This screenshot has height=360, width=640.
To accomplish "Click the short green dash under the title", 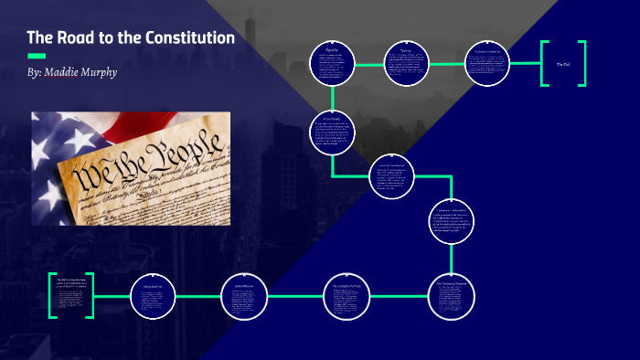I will pyautogui.click(x=37, y=56).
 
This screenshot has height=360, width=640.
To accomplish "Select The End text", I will pyautogui.click(x=562, y=64).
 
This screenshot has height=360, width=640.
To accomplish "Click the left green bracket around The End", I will pyautogui.click(x=545, y=64).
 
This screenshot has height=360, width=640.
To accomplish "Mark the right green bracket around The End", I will pyautogui.click(x=581, y=64).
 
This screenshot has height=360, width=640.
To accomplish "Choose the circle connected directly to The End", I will pyautogui.click(x=485, y=64).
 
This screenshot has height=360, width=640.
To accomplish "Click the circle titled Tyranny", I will pyautogui.click(x=406, y=64).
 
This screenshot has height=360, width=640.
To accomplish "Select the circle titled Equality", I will pyautogui.click(x=331, y=64).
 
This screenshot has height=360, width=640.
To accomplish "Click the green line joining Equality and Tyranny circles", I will pyautogui.click(x=368, y=64).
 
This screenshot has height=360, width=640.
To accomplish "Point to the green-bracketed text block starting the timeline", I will pyautogui.click(x=71, y=295).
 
